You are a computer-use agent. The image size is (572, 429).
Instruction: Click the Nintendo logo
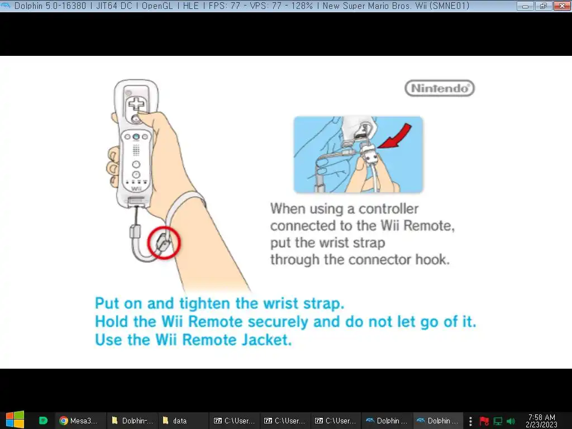tap(440, 88)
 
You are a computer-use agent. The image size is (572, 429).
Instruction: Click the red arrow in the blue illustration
tap(396, 136)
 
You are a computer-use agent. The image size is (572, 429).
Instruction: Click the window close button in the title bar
tap(562, 6)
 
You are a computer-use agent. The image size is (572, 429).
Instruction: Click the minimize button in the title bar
tap(525, 6)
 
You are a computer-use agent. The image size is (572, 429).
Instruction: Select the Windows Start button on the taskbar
tap(15, 420)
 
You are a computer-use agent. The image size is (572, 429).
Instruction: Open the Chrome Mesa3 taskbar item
tap(79, 421)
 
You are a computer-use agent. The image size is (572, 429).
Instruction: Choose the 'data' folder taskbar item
tap(175, 421)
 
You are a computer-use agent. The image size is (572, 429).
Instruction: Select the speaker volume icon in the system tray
tap(511, 421)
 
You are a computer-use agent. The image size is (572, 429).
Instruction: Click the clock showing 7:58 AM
tap(541, 417)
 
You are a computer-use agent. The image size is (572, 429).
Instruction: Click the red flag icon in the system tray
tap(484, 421)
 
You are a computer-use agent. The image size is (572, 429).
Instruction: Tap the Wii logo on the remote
tap(136, 189)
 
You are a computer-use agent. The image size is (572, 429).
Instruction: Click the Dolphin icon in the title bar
tap(6, 6)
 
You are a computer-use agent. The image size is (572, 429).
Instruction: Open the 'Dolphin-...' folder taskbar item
tap(132, 421)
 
